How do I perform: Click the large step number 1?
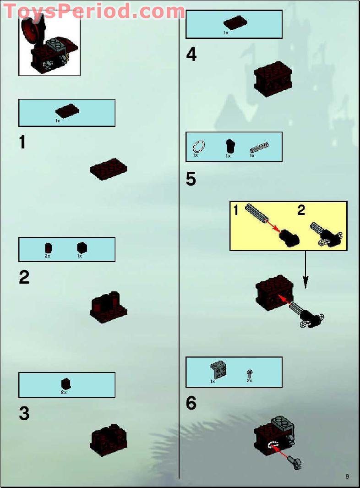pos(22,143)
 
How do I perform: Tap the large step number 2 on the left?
pos(24,277)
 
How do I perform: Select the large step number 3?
pos(24,413)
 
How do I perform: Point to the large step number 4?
pos(191,55)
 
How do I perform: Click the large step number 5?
pos(191,179)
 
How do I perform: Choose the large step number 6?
pos(191,403)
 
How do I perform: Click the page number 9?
pos(347,477)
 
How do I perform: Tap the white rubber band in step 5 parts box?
pos(199,147)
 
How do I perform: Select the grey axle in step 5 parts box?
pos(259,147)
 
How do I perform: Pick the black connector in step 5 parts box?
pos(230,146)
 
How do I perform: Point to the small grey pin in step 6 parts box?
pos(250,374)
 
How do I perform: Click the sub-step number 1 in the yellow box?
pos(236,211)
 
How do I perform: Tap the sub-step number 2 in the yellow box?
pos(301,211)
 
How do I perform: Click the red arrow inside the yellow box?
pos(273,226)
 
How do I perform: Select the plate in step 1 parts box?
pos(67,111)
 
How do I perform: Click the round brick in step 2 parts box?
pos(48,248)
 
